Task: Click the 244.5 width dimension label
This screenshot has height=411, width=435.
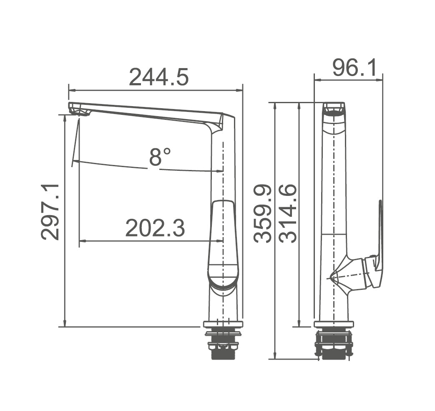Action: [x=159, y=77]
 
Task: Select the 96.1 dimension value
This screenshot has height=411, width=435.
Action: [x=354, y=68]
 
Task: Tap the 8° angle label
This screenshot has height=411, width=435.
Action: [x=160, y=158]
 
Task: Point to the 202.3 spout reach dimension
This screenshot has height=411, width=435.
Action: [x=155, y=228]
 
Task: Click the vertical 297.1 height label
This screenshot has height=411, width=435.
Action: [x=51, y=212]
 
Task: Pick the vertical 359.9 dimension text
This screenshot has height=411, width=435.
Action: [x=263, y=213]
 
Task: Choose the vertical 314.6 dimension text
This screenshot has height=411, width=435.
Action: [x=288, y=213]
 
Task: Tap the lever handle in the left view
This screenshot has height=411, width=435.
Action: [x=223, y=244]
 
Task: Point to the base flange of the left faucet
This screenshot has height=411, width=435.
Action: [x=223, y=324]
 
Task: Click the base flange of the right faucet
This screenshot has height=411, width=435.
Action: [x=334, y=324]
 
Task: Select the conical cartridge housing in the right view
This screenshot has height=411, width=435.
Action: [x=348, y=274]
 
